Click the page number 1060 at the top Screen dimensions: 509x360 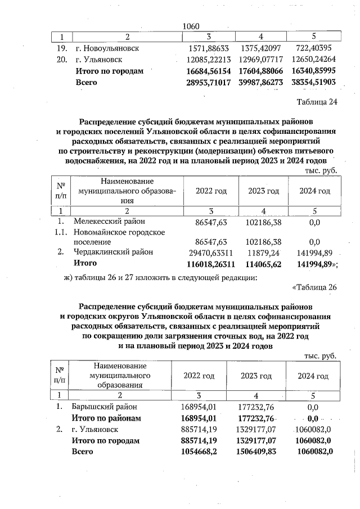pos(192,26)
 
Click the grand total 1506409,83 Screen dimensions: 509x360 pos(259,451)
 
